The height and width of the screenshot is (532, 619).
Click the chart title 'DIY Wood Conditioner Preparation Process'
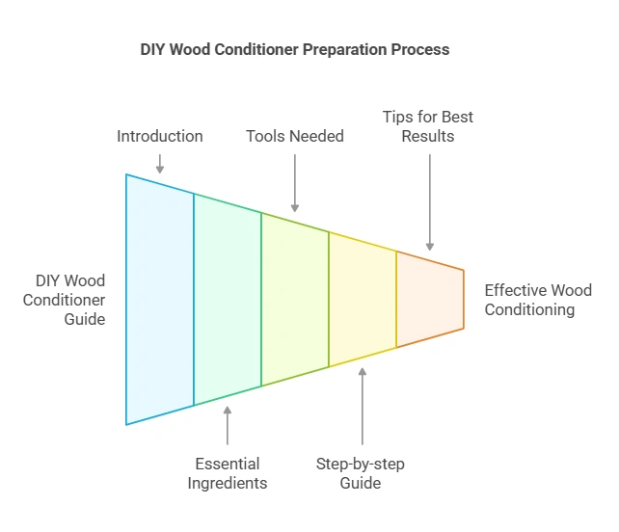[295, 49]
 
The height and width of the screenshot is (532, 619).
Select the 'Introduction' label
[160, 136]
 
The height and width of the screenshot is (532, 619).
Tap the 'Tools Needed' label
[295, 136]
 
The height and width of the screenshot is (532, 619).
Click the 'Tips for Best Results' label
[429, 126]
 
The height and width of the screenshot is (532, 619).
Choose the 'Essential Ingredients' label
[228, 473]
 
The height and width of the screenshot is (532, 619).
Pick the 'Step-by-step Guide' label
[361, 473]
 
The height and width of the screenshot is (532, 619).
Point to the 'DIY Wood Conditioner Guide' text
[70, 300]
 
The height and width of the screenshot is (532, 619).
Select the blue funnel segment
[160, 300]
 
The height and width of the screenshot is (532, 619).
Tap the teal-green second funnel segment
[228, 300]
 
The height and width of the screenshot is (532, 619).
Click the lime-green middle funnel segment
[295, 300]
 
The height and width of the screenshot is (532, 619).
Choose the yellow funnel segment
[363, 300]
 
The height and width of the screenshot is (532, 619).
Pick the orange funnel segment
[429, 300]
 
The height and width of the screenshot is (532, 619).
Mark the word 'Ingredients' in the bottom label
[228, 483]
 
